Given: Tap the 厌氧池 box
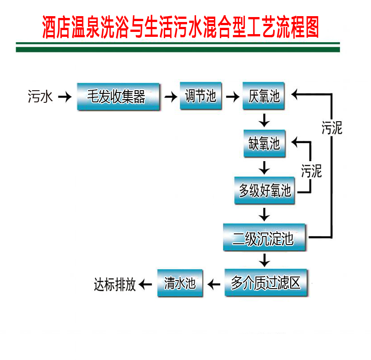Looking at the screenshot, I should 264,96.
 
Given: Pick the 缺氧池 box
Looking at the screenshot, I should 264,144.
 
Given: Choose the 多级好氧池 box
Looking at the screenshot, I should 265,191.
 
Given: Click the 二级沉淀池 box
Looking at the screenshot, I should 265,237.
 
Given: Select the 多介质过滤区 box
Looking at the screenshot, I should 266,283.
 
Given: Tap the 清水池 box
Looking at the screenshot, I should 179,283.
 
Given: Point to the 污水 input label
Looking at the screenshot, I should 41,97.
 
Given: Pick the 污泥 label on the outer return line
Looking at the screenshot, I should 332,128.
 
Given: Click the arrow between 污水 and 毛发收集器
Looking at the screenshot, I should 65,97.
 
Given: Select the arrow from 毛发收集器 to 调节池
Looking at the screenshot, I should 170,97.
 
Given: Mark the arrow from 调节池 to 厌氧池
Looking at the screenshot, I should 233,97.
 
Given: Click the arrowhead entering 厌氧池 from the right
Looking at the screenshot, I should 296,95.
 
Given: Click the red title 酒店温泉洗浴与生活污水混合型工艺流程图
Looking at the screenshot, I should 180,27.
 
